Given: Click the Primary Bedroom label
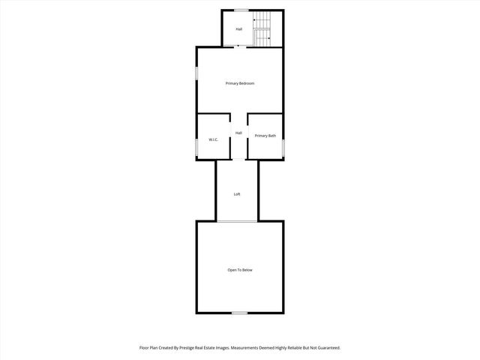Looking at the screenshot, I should click(x=240, y=83).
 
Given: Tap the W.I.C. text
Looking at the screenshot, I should click(x=213, y=140).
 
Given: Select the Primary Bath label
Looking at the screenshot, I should click(x=265, y=136).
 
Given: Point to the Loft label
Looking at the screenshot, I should click(x=237, y=194).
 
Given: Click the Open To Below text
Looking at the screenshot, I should click(x=240, y=270).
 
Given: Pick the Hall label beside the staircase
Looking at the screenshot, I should click(x=239, y=29).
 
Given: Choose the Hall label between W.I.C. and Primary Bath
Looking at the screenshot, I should click(x=238, y=133).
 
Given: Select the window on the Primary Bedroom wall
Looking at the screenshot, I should click(x=197, y=76).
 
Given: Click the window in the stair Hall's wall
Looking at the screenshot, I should click(x=241, y=10).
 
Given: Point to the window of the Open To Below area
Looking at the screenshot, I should click(x=239, y=313).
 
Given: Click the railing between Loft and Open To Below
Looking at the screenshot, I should click(x=237, y=221).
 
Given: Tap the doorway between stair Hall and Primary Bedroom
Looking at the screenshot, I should click(x=238, y=47).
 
